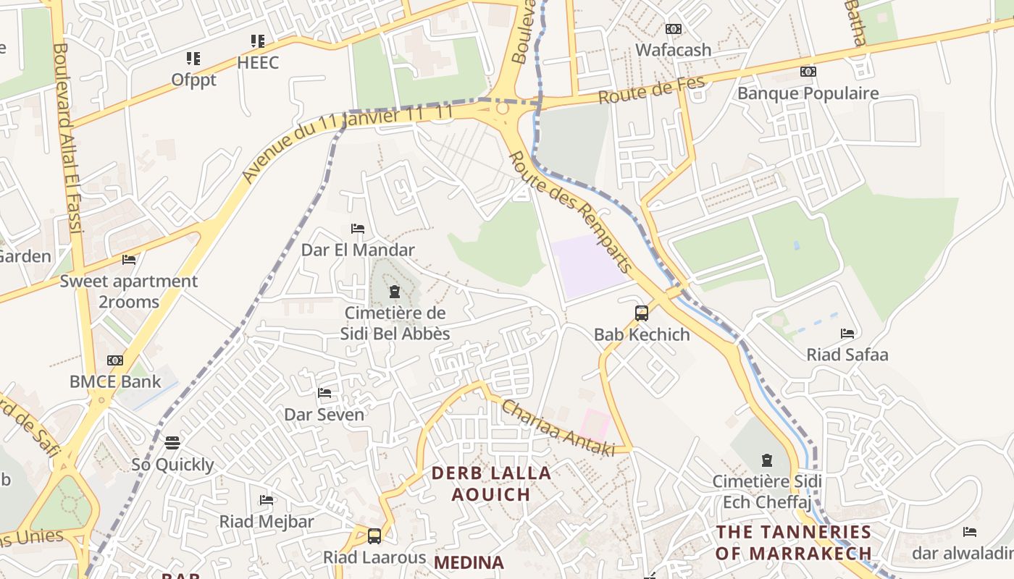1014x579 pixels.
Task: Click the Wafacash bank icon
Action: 674,29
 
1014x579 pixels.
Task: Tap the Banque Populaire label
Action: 808,93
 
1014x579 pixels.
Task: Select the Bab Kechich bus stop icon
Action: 642,313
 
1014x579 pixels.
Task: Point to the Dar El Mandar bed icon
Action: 358,229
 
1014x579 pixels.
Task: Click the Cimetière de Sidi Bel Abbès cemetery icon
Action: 395,292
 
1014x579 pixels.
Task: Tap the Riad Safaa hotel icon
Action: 847,334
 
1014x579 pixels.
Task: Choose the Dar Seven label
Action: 324,415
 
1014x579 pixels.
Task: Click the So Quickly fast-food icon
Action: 172,442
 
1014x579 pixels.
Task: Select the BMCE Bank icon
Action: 115,360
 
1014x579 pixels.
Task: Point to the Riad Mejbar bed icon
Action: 267,500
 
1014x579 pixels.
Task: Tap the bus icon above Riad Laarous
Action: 374,536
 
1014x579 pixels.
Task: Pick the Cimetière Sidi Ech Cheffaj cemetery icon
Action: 767,460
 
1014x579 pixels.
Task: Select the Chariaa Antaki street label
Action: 558,428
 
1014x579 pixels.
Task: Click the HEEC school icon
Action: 258,41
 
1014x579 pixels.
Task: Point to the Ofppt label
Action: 193,80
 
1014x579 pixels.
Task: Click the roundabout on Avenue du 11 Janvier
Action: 503,109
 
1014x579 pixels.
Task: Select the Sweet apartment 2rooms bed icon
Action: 129,260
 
